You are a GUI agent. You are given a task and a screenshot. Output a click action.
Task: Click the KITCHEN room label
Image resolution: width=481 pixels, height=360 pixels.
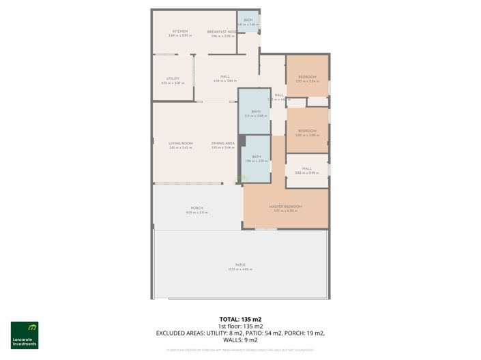[180, 31]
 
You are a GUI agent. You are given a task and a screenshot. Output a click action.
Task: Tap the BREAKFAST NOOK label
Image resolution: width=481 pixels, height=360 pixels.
[222, 31]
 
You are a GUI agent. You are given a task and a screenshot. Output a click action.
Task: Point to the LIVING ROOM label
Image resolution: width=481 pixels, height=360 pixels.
[180, 143]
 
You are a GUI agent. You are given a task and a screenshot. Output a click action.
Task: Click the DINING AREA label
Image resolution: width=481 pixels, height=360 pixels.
[222, 143]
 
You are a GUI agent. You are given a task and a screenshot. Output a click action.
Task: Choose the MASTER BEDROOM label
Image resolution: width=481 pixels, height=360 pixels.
[285, 206]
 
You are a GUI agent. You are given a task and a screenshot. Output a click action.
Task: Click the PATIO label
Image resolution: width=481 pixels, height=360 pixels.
[240, 265]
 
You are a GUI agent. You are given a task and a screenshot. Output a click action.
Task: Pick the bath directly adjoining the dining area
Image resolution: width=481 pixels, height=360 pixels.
[257, 157]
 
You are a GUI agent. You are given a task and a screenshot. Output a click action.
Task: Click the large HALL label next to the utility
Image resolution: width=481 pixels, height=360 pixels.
[224, 76]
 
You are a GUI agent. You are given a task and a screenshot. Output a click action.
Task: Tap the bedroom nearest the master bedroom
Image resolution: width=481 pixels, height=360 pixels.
[306, 131]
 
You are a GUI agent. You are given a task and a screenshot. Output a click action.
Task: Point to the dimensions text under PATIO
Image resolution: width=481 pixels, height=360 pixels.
[240, 269]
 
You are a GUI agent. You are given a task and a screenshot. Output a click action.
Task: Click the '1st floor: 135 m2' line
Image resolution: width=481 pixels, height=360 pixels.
[240, 326]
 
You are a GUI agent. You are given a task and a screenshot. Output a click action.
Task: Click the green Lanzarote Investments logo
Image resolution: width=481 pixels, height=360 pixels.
[24, 335]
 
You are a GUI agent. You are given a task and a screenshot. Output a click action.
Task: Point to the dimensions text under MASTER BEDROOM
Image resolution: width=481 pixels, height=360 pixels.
[285, 211]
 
